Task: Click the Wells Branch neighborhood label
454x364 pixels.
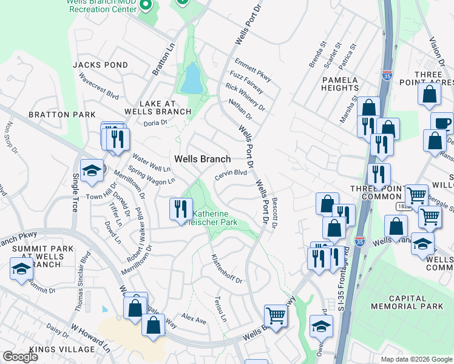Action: coord(202,159)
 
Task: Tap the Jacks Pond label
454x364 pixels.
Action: coord(100,65)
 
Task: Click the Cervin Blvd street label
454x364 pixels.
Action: coord(231,173)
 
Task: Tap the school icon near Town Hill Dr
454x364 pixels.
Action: coord(92,170)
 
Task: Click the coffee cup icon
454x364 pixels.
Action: coord(442,123)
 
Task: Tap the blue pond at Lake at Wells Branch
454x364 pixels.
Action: coord(191,78)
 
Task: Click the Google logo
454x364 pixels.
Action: coord(20,357)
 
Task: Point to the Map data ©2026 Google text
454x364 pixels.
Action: coord(416,359)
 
